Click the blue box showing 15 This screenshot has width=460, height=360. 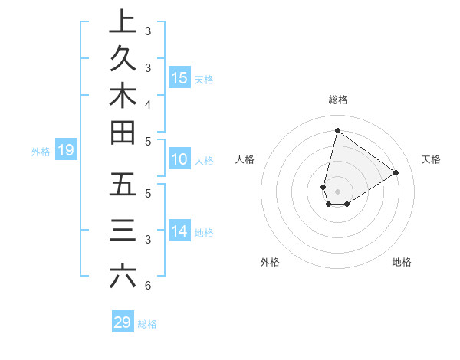[179, 77]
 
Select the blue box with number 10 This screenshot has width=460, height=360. [179, 160]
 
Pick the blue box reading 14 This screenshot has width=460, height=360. [179, 231]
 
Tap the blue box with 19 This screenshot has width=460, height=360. [65, 150]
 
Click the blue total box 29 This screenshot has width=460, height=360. [123, 322]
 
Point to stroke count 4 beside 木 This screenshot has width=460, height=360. [147, 103]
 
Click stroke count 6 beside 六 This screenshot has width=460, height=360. [147, 286]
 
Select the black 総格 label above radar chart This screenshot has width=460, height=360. [337, 100]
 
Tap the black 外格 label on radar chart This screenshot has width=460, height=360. [269, 262]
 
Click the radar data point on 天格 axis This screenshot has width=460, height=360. [396, 172]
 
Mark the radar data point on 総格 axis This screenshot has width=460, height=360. [337, 130]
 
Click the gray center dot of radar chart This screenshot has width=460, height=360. [337, 191]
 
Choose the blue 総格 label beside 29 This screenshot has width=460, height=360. [148, 324]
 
